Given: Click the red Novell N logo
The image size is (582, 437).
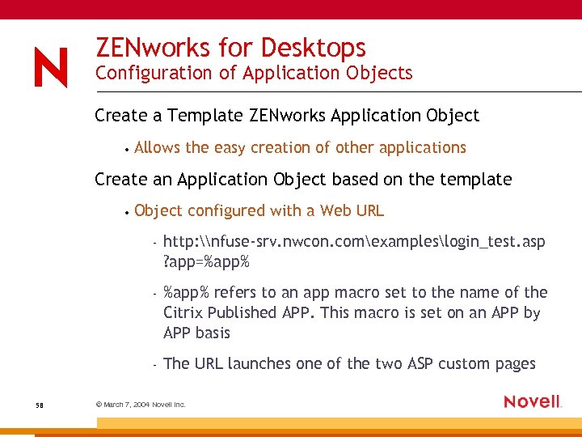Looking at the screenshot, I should [51, 68].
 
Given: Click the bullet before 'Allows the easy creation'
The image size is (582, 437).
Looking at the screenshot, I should [128, 149].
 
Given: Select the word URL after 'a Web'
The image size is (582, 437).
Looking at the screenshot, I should [369, 210].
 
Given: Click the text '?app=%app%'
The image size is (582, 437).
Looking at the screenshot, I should [206, 262].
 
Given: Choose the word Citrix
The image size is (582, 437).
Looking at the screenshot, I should [183, 312].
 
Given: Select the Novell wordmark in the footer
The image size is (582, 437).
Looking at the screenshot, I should [532, 401].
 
